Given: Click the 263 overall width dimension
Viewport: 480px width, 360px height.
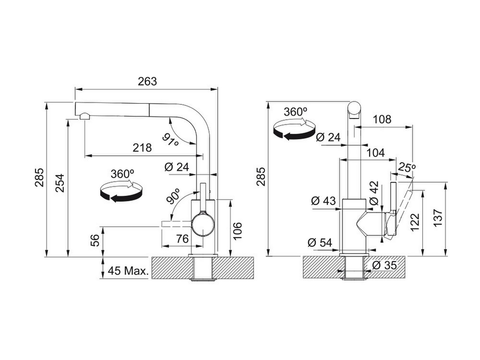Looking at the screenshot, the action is click(x=147, y=82).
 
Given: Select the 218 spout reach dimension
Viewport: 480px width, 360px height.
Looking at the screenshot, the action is click(x=143, y=147).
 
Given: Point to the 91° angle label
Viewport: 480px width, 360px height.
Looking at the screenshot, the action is click(x=170, y=140).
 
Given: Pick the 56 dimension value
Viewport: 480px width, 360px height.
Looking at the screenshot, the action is click(x=95, y=240).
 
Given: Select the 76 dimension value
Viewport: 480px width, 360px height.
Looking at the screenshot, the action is click(x=182, y=239).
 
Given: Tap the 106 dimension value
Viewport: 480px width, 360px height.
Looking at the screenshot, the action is click(x=237, y=230).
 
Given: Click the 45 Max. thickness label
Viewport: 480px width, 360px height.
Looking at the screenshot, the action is click(x=128, y=271).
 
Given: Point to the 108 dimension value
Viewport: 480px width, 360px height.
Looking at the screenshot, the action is click(x=383, y=119).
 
